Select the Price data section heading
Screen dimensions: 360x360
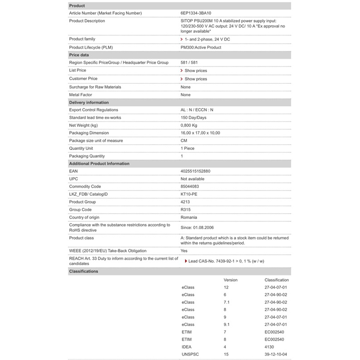79,55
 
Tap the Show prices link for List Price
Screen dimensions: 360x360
196,71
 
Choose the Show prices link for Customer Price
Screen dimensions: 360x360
196,79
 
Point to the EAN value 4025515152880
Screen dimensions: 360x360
196,171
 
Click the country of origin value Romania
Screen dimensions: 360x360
189,217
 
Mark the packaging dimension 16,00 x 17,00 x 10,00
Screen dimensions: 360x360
200,133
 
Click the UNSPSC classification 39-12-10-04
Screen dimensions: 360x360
276,354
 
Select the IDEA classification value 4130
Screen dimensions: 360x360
270,347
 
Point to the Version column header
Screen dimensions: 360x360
230,280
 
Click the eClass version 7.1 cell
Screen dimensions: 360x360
227,302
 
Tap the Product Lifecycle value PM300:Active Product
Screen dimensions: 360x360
201,47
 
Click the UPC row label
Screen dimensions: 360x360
73,179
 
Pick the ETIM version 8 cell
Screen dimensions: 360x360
225,339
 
